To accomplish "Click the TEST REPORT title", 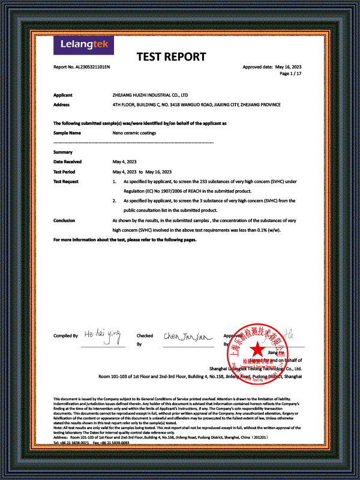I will coord(172,58).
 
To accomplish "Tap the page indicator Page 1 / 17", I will coord(290,73).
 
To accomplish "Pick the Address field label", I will coord(62,104).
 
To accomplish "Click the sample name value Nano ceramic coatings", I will coord(134,133).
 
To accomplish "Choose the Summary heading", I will coord(63,152).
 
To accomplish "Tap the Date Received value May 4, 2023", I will coord(125,162).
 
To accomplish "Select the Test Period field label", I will coord(65,172).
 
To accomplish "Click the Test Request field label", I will coord(66,181).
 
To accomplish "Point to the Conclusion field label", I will coord(64,221).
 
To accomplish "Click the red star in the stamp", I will coord(256,348).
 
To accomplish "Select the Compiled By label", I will coord(65,336).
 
